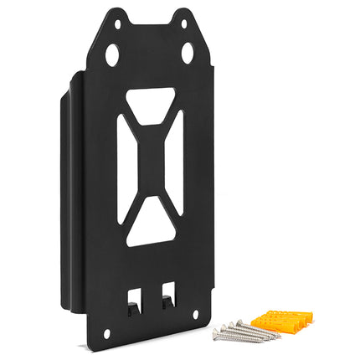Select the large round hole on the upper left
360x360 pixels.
[x=112, y=55]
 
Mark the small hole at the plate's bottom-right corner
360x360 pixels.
[x=196, y=314]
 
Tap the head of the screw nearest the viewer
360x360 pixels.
[x=217, y=333]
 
